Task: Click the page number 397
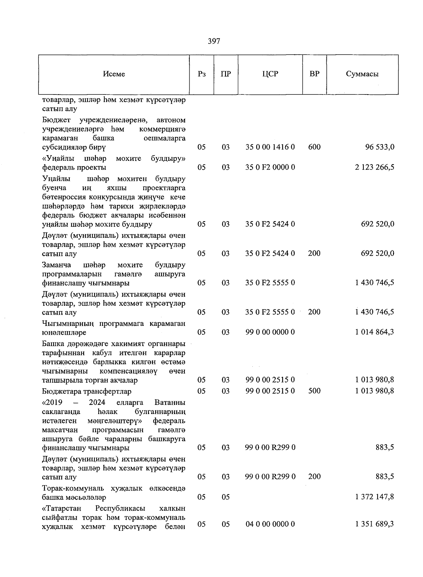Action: click(214, 41)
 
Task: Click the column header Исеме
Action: click(114, 74)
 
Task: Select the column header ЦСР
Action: click(270, 74)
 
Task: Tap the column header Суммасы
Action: click(362, 74)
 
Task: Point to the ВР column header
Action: click(314, 74)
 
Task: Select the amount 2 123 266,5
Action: click(374, 167)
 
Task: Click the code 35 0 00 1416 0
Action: click(270, 147)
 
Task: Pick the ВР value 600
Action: click(314, 147)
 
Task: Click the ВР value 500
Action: click(314, 391)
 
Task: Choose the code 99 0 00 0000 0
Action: click(270, 332)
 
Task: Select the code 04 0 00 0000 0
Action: click(270, 524)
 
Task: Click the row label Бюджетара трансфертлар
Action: click(86, 391)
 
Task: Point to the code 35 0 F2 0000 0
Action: click(270, 167)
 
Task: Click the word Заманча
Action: click(56, 265)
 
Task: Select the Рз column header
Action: click(202, 74)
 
